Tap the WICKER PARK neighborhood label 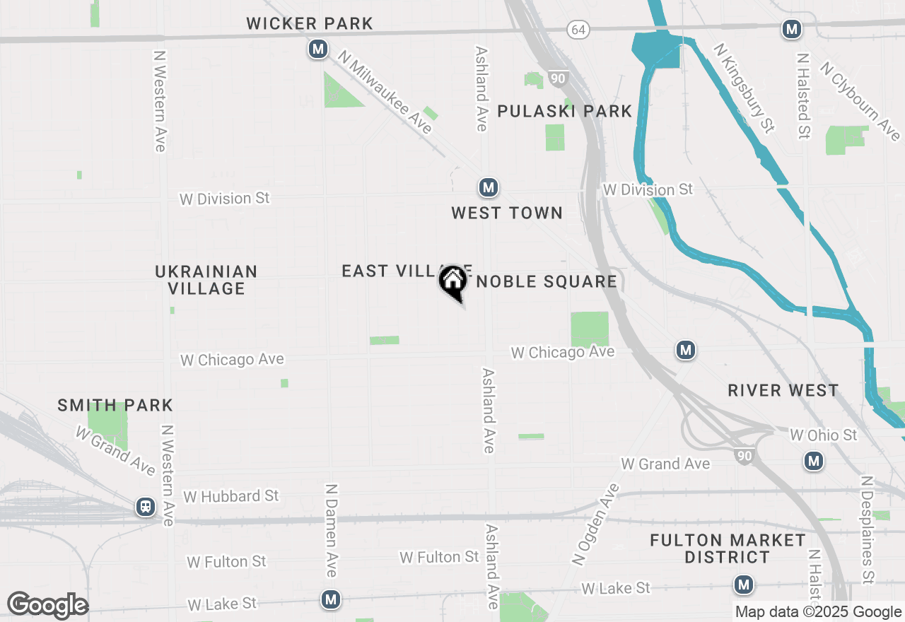coord(310,23)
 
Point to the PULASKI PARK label coord(564,111)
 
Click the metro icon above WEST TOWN coord(487,187)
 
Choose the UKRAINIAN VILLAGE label coord(206,280)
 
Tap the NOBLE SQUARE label coord(547,281)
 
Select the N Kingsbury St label coord(744,88)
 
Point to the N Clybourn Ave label coord(860,100)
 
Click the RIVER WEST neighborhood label coord(783,390)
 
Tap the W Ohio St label coord(823,435)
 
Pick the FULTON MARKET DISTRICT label coord(727,548)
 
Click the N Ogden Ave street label coord(595,524)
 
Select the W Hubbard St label coord(231,496)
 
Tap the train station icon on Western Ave coord(146,507)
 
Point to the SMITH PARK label coord(115,405)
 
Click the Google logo coord(47,606)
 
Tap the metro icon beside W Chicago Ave coord(684,350)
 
